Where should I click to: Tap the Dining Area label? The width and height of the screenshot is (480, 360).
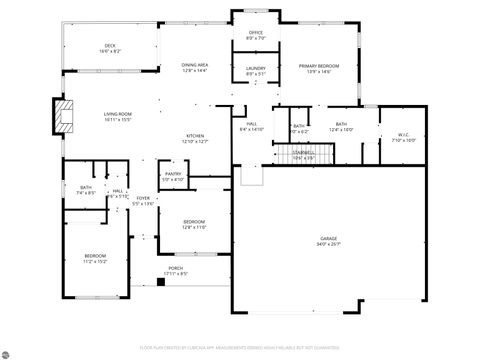195,64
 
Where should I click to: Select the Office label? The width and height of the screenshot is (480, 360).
256,33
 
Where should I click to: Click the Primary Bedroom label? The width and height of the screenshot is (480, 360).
319,65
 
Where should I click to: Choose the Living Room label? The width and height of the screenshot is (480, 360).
118,114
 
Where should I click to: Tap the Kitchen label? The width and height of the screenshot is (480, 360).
195,136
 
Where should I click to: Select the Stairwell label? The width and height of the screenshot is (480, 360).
303,153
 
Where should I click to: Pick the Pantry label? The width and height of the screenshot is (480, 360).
173,174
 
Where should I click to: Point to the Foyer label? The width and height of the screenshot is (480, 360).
144,198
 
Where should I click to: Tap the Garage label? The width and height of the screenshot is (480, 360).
329,238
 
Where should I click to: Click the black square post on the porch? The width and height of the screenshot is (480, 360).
160,282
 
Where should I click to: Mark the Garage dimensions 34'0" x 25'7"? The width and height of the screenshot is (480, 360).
329,244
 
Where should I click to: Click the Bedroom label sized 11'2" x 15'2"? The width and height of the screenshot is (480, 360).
95,256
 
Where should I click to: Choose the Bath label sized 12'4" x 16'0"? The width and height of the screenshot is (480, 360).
341,124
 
